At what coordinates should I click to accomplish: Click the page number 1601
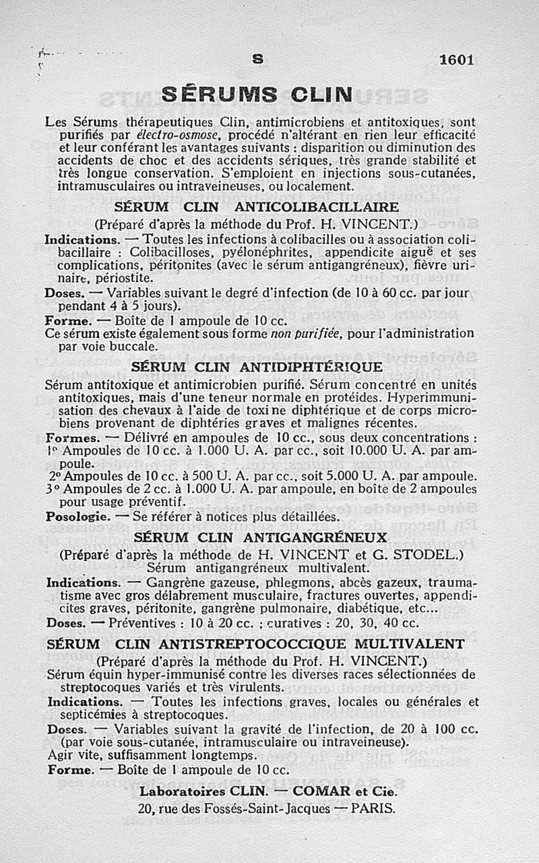[x=456, y=59]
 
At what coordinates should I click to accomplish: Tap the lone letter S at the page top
[x=257, y=59]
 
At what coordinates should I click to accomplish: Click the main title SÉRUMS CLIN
[x=257, y=94]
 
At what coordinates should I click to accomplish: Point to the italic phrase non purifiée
[x=302, y=334]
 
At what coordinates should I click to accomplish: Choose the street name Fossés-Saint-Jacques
[x=267, y=808]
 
